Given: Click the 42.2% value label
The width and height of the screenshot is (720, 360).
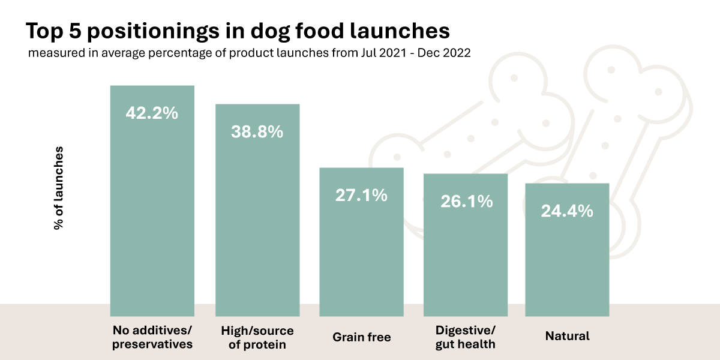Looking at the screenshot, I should [x=152, y=113].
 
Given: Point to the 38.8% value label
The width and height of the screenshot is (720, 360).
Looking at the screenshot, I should [x=257, y=132].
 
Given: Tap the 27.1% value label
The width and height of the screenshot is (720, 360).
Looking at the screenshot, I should [x=361, y=195].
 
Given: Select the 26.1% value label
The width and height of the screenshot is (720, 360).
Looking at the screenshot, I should [x=466, y=202].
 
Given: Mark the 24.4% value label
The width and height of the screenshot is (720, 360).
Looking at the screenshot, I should [x=567, y=211].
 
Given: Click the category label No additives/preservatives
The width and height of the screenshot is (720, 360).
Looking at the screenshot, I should [x=152, y=337].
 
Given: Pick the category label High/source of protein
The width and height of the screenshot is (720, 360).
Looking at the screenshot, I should [x=257, y=337].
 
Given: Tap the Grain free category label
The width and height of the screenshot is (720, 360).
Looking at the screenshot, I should [x=362, y=337].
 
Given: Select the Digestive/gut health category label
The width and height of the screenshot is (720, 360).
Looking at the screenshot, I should [x=466, y=337].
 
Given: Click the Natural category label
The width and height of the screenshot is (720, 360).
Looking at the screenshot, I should [x=567, y=336].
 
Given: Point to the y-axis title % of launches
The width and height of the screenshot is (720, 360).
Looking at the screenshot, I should [x=59, y=187].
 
